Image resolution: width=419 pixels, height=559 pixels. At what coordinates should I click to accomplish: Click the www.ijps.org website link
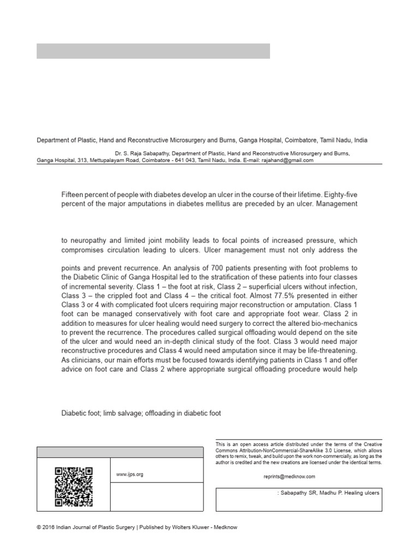pyautogui.click(x=130, y=474)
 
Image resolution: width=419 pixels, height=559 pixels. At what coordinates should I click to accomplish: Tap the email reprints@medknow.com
pyautogui.click(x=289, y=476)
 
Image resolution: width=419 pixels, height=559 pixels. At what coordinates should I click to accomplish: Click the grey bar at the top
pyautogui.click(x=153, y=51)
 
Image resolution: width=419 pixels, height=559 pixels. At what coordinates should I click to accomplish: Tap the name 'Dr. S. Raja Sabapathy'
pyautogui.click(x=141, y=154)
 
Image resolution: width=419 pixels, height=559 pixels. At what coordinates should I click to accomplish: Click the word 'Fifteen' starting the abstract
pyautogui.click(x=73, y=194)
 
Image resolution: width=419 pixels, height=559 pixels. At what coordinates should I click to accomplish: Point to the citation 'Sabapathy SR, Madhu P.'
pyautogui.click(x=316, y=492)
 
